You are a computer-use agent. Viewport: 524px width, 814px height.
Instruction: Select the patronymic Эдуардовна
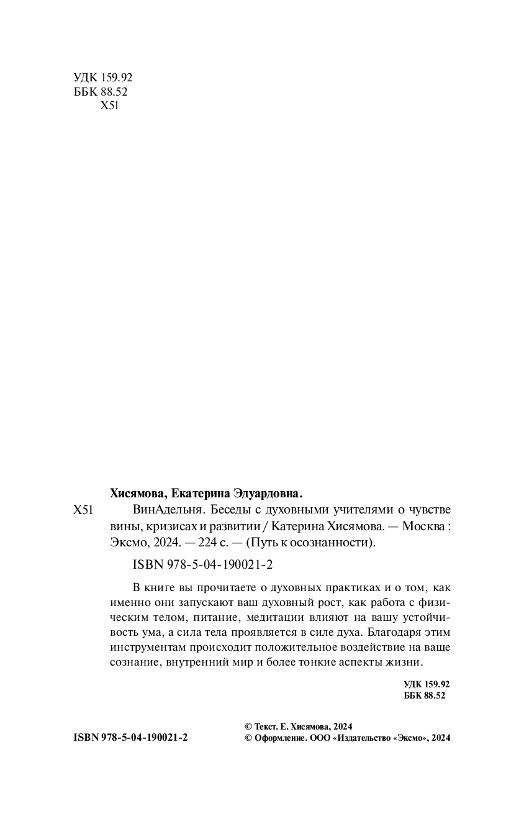click(x=265, y=494)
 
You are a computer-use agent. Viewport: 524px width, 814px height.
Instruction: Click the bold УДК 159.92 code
click(x=425, y=684)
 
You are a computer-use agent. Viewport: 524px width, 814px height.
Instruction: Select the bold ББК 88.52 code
click(x=425, y=696)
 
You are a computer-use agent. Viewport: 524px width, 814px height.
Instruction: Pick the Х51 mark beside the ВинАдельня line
click(x=83, y=511)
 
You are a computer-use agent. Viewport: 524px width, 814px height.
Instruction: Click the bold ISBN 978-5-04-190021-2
click(x=130, y=738)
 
